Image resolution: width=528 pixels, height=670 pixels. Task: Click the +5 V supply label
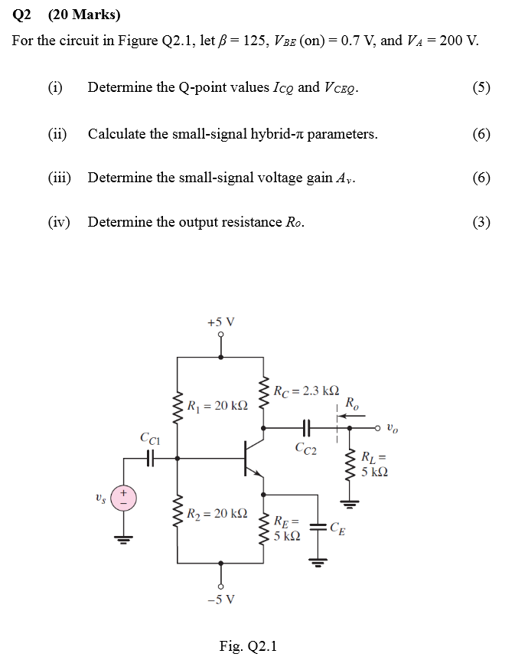221,322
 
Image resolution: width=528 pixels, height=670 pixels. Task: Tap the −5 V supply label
221,598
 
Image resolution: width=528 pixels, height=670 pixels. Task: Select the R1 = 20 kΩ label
217,405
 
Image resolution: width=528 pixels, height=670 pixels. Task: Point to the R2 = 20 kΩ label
217,513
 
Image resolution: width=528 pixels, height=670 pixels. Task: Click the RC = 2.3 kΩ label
306,391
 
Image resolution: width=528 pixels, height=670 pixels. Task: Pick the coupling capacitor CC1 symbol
150,458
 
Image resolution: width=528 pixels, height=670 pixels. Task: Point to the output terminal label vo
392,428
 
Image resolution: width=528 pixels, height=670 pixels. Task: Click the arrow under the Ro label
351,416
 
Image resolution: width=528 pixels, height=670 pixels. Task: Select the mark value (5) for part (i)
481,87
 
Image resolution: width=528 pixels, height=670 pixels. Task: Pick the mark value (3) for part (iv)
481,223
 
